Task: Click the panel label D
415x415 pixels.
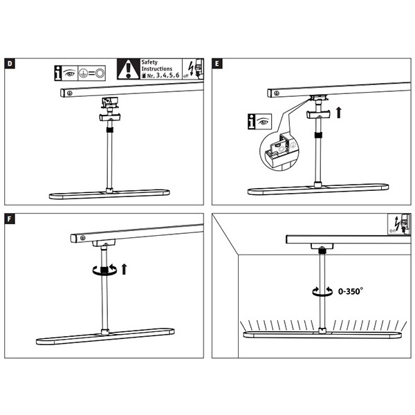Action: (10, 64)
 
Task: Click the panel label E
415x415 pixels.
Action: (217, 64)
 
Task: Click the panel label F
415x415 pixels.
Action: (10, 219)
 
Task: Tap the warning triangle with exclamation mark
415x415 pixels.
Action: (129, 69)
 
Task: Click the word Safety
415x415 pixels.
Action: (149, 62)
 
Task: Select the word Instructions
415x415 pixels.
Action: (157, 68)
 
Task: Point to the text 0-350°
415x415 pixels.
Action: (351, 291)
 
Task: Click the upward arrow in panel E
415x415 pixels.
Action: (338, 113)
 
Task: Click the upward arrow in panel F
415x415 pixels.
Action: (124, 269)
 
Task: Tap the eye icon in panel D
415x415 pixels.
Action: (70, 73)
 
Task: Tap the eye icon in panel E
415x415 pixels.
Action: (263, 122)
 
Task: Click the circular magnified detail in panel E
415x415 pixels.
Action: (279, 151)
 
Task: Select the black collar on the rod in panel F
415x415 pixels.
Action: (104, 270)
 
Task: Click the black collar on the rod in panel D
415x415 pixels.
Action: (110, 130)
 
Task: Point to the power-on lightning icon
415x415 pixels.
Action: (399, 224)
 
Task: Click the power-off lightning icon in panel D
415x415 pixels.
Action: (193, 69)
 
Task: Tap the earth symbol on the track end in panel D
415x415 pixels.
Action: (70, 93)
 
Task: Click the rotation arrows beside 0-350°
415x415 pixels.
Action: (322, 291)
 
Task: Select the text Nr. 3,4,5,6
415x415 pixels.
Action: (160, 75)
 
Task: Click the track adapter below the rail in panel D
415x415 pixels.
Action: (110, 102)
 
